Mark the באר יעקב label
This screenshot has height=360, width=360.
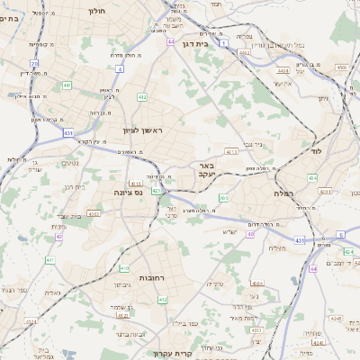tap(207, 169)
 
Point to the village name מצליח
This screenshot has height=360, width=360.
tap(277, 247)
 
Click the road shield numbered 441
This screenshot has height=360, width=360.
tap(67, 85)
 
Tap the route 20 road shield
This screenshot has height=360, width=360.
tap(34, 63)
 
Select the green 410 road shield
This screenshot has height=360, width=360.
tap(124, 268)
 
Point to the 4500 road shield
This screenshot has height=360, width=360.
tap(341, 67)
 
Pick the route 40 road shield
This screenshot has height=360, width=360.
tap(250, 234)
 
